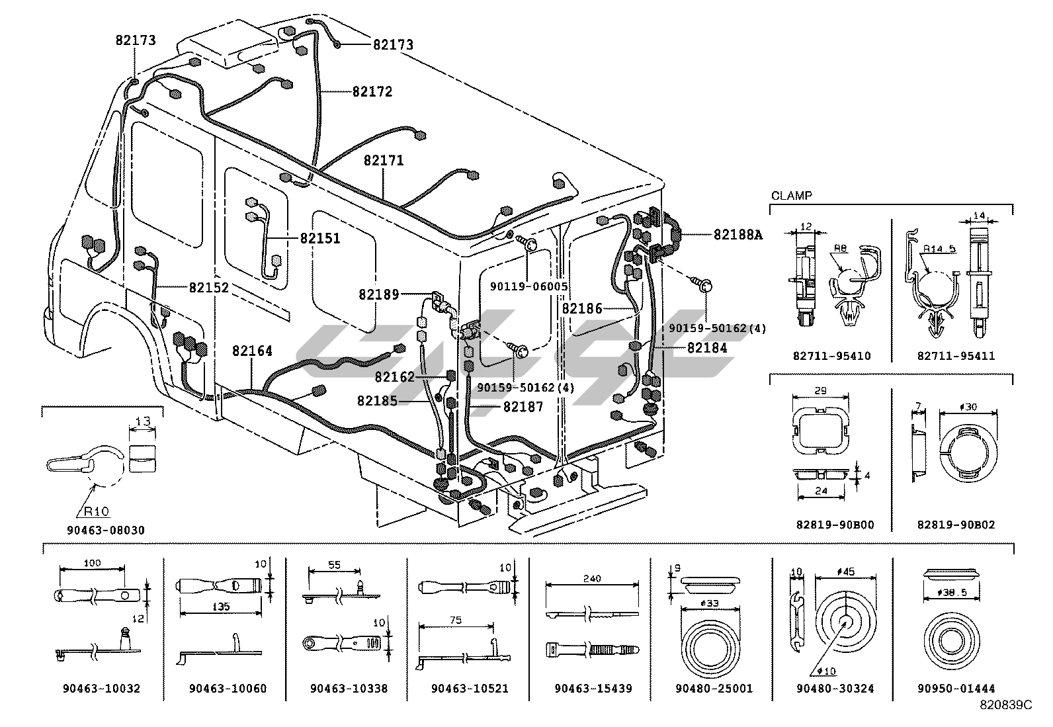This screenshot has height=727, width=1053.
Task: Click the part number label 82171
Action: (x=384, y=161)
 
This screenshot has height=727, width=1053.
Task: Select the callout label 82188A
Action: (x=737, y=234)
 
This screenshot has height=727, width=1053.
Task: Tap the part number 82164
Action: (x=252, y=351)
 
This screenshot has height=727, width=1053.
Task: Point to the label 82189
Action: (x=378, y=294)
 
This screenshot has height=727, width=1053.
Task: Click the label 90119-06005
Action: (x=528, y=286)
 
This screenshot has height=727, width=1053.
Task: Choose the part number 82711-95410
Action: (x=831, y=356)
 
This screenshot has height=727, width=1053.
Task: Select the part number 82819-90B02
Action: (x=956, y=525)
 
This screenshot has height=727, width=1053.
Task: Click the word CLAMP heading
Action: (x=791, y=196)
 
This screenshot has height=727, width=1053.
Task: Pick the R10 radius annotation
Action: (x=96, y=511)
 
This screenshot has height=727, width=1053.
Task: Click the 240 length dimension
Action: (x=592, y=579)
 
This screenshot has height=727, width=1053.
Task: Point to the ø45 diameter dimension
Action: (x=845, y=572)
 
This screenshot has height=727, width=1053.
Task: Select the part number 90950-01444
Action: (x=956, y=689)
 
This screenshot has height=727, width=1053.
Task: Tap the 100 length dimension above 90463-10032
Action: (x=93, y=563)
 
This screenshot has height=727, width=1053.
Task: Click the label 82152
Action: (x=209, y=288)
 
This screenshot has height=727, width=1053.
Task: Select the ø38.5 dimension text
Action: (x=955, y=593)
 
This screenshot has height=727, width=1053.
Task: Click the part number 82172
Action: (x=372, y=92)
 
